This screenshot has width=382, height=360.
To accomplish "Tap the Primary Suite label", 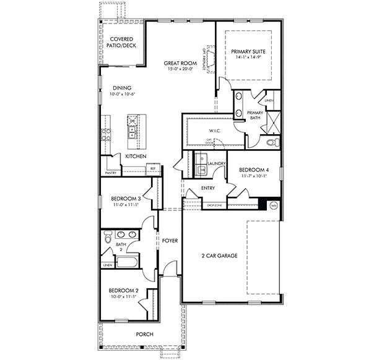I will [246, 52].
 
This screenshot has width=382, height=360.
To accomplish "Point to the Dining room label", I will [122, 87].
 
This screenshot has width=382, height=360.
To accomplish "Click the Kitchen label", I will [136, 156].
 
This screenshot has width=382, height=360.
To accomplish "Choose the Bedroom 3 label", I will [126, 199].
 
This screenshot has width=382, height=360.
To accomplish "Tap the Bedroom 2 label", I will [123, 290].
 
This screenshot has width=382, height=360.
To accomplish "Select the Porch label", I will [145, 335].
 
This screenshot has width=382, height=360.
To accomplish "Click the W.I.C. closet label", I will [215, 131].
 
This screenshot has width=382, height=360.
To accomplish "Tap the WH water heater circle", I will [273, 206].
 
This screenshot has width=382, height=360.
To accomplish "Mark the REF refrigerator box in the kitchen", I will [151, 167].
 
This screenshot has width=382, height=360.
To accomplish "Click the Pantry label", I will [111, 173].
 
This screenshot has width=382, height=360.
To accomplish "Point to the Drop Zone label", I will [214, 205].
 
